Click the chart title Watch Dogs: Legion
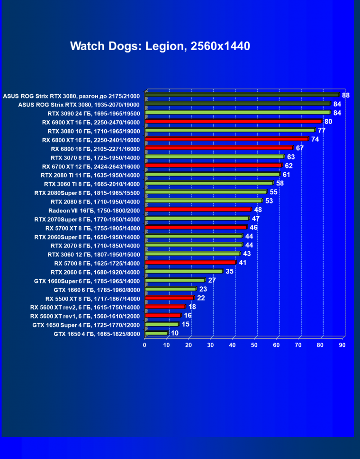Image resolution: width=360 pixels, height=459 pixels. [160, 46]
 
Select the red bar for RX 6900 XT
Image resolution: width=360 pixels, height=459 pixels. [233, 122]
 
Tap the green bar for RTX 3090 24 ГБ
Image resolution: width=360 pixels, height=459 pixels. [237, 113]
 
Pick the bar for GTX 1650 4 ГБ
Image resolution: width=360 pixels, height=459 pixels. [156, 333]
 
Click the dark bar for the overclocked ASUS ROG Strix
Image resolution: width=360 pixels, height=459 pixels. [242, 95]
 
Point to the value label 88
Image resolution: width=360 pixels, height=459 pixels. [346, 95]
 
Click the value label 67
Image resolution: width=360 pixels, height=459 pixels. [300, 148]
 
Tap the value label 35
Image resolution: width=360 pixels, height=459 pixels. [229, 271]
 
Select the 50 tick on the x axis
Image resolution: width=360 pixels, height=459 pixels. [254, 345]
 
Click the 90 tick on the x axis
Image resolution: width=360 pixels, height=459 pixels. [342, 345]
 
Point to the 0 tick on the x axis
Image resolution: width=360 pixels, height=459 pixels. [145, 345]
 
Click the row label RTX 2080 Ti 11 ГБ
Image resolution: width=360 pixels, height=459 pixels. [90, 175]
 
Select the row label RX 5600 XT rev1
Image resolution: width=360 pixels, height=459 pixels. [85, 316]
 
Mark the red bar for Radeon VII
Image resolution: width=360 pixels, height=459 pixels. [198, 210]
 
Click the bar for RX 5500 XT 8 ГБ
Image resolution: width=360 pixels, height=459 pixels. [169, 298]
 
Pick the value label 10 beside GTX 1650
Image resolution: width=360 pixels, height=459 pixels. [175, 333]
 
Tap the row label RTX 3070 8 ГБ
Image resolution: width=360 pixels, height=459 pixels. [95, 157]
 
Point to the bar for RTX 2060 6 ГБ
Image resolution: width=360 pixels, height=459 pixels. [183, 272]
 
